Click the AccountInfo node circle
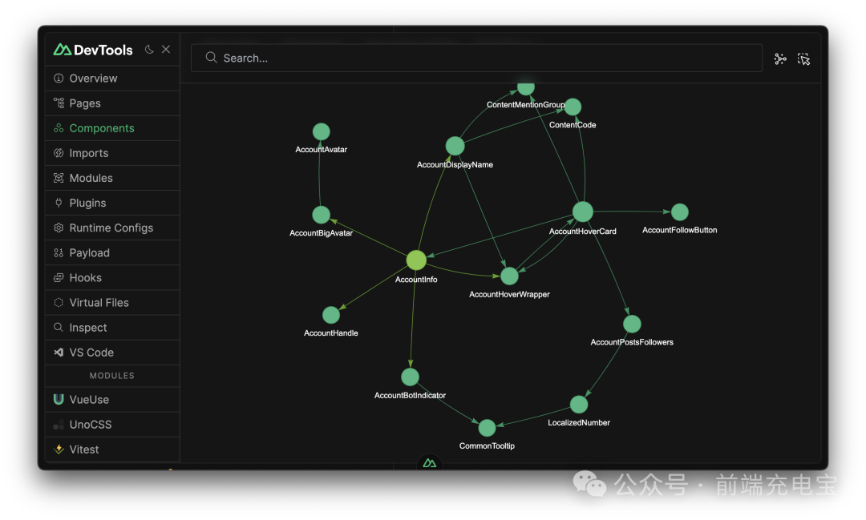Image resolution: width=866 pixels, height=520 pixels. pyautogui.click(x=416, y=260)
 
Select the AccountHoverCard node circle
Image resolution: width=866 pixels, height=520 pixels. pyautogui.click(x=583, y=212)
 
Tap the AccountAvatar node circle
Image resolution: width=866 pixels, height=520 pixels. pyautogui.click(x=321, y=131)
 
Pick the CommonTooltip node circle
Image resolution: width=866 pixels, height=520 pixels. pyautogui.click(x=487, y=428)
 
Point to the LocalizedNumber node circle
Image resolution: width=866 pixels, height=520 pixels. pyautogui.click(x=579, y=405)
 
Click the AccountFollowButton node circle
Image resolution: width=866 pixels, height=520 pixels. pyautogui.click(x=680, y=212)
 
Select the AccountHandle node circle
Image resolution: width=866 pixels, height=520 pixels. pyautogui.click(x=331, y=315)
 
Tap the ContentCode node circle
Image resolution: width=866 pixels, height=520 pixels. pyautogui.click(x=573, y=107)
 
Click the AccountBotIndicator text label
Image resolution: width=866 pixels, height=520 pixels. pyautogui.click(x=410, y=395)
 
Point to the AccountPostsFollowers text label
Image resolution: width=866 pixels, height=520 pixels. pyautogui.click(x=632, y=342)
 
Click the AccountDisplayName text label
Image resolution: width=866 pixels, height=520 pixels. pyautogui.click(x=455, y=165)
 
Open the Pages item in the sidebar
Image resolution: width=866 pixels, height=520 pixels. pyautogui.click(x=85, y=103)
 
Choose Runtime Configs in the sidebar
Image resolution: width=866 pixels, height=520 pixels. pyautogui.click(x=111, y=228)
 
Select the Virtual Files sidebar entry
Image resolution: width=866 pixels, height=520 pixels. pyautogui.click(x=99, y=303)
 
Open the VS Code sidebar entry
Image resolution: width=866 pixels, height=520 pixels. pyautogui.click(x=91, y=353)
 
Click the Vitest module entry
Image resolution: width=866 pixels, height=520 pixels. pyautogui.click(x=84, y=449)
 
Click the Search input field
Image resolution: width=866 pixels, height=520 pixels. pyautogui.click(x=476, y=58)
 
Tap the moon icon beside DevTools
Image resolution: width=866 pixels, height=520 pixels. pyautogui.click(x=149, y=50)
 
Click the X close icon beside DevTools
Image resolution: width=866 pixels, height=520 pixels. pyautogui.click(x=166, y=50)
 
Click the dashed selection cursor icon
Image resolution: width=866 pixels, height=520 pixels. pyautogui.click(x=804, y=58)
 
